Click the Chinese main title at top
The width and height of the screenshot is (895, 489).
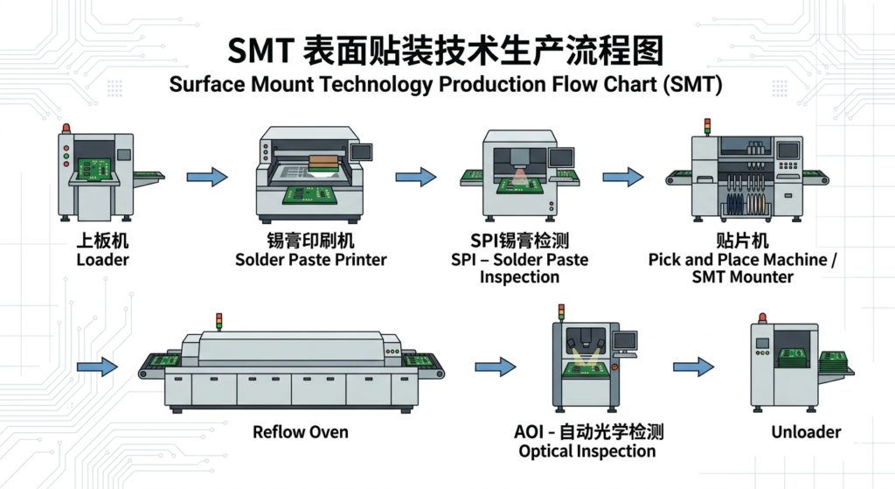point(447,51)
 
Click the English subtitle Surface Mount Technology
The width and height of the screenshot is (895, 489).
point(447,85)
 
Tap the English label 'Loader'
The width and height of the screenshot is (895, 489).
point(102,260)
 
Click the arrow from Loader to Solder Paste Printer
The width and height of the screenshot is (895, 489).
point(207,177)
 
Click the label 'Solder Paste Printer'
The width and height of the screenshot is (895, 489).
point(311,260)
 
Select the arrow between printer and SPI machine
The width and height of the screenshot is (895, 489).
point(416,177)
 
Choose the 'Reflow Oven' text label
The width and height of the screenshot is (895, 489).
point(300,432)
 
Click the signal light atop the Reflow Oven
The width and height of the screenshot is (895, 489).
point(219,321)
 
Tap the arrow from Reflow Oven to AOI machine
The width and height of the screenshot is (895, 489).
point(495,367)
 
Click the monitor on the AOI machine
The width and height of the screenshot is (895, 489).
point(626,340)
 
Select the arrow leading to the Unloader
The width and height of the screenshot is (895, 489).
point(692,367)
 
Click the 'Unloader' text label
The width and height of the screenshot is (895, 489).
point(806,432)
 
